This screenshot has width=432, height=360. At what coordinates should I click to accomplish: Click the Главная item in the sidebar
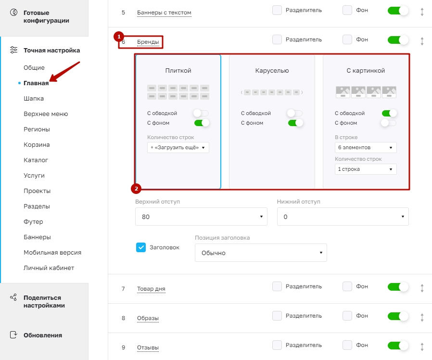click(x=36, y=83)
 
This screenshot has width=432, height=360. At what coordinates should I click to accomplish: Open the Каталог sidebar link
click(x=36, y=160)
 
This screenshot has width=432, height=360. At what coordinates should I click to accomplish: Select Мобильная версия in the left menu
click(x=52, y=253)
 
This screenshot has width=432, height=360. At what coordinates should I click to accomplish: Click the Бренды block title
click(x=148, y=42)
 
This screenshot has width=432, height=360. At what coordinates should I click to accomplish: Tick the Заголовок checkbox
click(x=141, y=247)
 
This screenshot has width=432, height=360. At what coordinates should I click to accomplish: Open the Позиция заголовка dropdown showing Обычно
click(x=261, y=253)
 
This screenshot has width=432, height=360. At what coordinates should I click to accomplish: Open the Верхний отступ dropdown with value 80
click(x=201, y=217)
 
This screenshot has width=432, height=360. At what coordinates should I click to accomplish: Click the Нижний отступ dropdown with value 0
click(x=343, y=217)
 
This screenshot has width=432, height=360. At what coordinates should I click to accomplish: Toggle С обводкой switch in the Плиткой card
click(x=201, y=113)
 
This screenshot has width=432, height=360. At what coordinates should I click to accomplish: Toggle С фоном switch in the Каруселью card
click(x=295, y=123)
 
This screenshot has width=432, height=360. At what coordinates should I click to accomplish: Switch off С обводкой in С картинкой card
click(x=389, y=113)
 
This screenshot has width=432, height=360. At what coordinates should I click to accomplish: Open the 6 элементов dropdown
click(x=366, y=147)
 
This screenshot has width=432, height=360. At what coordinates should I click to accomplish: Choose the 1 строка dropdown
click(x=366, y=169)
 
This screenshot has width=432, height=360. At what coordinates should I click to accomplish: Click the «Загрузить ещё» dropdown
click(x=178, y=147)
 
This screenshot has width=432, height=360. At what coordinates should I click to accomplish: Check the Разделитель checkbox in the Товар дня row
click(x=277, y=286)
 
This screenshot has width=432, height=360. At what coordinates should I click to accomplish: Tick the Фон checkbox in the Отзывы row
click(x=347, y=345)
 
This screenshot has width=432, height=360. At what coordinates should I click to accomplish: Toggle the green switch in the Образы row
click(x=397, y=316)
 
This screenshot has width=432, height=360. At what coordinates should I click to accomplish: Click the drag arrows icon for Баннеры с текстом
click(x=422, y=12)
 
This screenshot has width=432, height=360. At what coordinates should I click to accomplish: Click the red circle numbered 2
click(x=136, y=189)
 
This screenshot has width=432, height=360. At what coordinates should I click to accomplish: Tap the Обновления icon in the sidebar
click(x=13, y=334)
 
